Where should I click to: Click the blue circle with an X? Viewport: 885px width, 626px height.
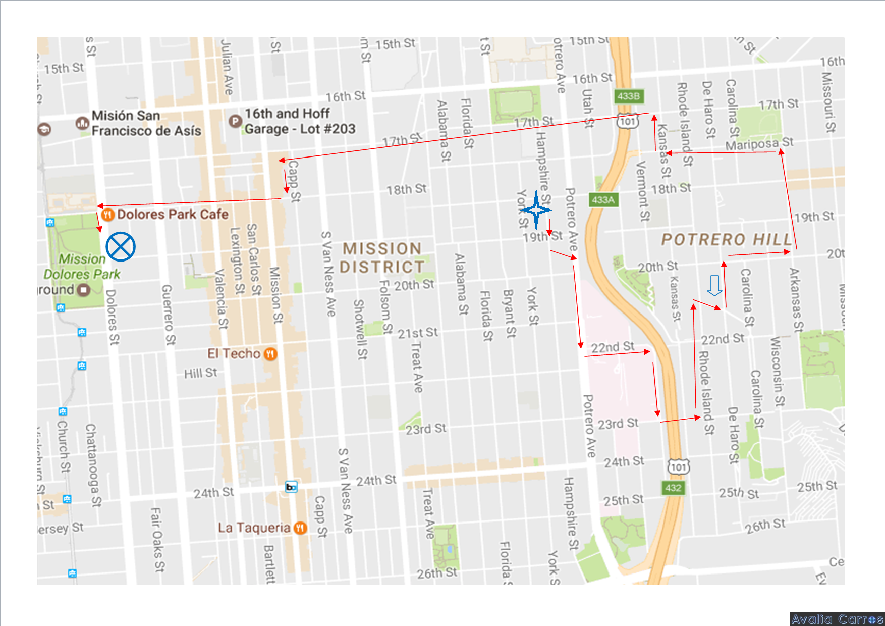(121, 247)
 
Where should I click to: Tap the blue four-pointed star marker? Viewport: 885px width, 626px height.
(536, 210)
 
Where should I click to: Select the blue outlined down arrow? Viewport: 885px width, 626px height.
(714, 286)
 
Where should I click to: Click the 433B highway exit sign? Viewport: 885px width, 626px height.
(629, 96)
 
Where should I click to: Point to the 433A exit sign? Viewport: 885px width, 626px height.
(603, 200)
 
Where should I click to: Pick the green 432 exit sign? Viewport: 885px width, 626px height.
(673, 488)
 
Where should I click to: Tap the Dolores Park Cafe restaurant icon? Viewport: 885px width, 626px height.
(107, 215)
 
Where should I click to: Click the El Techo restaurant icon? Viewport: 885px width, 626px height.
(270, 354)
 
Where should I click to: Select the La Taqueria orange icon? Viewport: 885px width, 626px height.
(300, 528)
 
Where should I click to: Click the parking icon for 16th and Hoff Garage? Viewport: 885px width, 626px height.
(235, 121)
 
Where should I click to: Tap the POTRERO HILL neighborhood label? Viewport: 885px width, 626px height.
(726, 239)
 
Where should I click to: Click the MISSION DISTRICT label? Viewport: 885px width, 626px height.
(382, 257)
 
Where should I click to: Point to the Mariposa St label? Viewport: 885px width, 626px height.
(759, 144)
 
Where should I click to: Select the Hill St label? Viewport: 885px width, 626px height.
(200, 374)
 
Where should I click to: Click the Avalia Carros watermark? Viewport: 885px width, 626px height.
(837, 619)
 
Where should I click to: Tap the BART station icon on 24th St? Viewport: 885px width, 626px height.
(291, 487)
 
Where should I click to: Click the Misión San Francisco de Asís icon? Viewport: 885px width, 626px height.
(82, 123)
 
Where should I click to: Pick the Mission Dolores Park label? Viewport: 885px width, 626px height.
(82, 266)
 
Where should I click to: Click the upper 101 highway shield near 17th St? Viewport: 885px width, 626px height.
(628, 121)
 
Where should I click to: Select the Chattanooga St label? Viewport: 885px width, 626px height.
(93, 464)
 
